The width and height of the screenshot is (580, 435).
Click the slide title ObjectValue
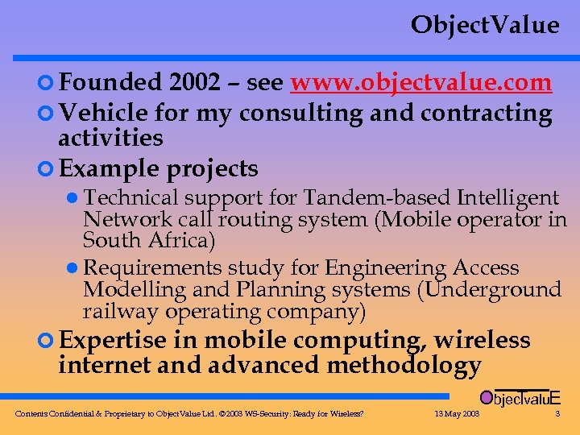[484, 26]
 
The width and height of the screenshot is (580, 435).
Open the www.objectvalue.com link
[421, 83]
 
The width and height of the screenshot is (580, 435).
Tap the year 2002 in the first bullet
[197, 83]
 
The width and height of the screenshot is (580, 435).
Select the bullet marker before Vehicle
[47, 114]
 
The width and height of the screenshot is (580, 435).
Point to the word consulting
[298, 114]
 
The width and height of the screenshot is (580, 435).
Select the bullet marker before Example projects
[47, 169]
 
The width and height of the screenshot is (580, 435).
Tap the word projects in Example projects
[213, 169]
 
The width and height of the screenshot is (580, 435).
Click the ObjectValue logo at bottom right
[520, 397]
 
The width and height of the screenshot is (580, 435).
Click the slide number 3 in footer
[557, 414]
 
